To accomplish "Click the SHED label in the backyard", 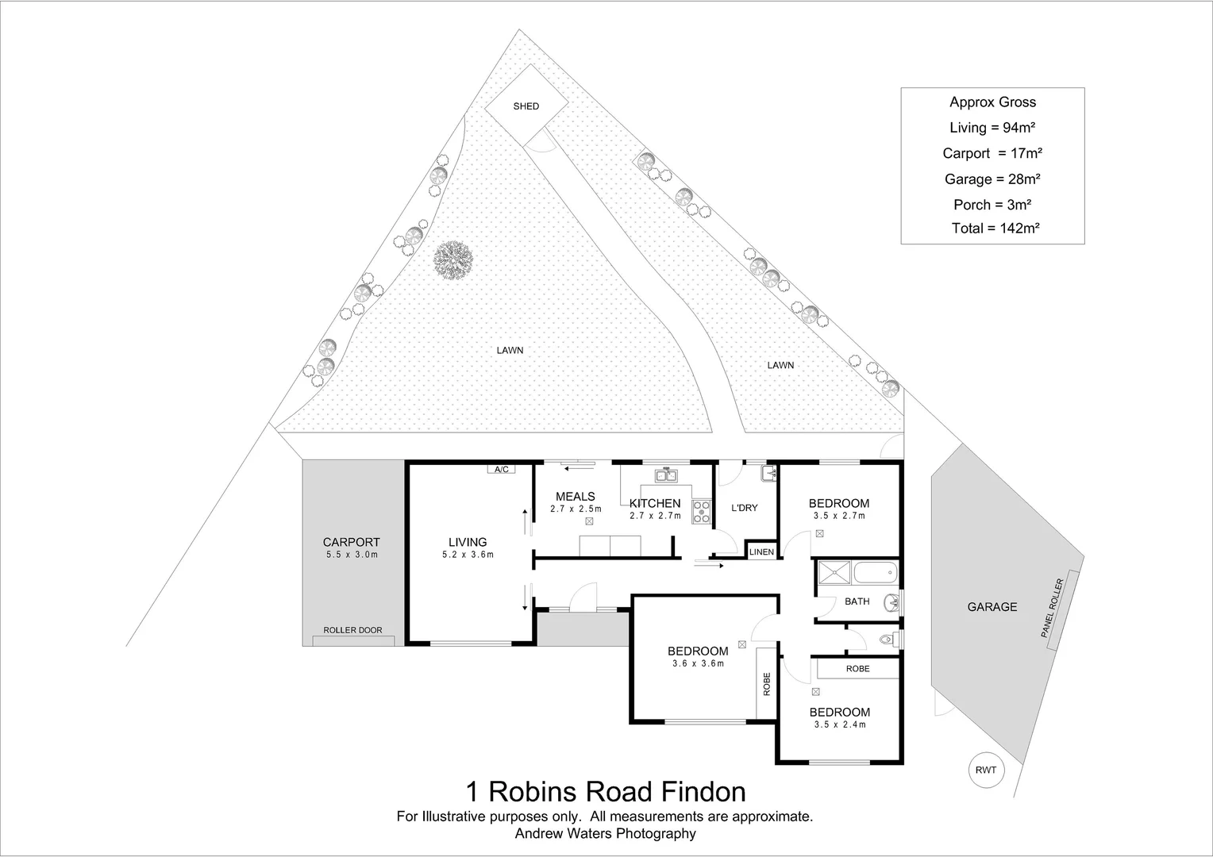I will pos(526,106).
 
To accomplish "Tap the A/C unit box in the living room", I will pos(501,469).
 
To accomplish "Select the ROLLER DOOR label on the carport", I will pos(352,630).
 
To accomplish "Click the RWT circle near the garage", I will pos(986,770).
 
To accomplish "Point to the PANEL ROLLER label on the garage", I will pos(1056,609).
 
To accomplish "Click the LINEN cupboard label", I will pos(761,551).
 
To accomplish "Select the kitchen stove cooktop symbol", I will pos(702,512).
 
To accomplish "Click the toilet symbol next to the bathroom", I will pos(888,639).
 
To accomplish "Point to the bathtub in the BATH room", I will pos(874,572).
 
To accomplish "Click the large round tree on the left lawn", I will pos(453,259).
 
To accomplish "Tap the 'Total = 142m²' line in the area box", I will pos(995,229).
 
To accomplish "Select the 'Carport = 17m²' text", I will pos(992,153).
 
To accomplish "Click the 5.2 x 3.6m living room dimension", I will pos(468,555).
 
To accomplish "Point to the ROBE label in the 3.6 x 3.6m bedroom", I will pos(766,683).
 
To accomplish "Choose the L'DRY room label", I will pos(745,508).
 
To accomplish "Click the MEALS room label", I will pos(576,497).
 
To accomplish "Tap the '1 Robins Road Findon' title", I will pos(605,791).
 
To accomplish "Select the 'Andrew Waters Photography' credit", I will pos(605,833).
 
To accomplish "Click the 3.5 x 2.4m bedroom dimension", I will pos(839,724).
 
